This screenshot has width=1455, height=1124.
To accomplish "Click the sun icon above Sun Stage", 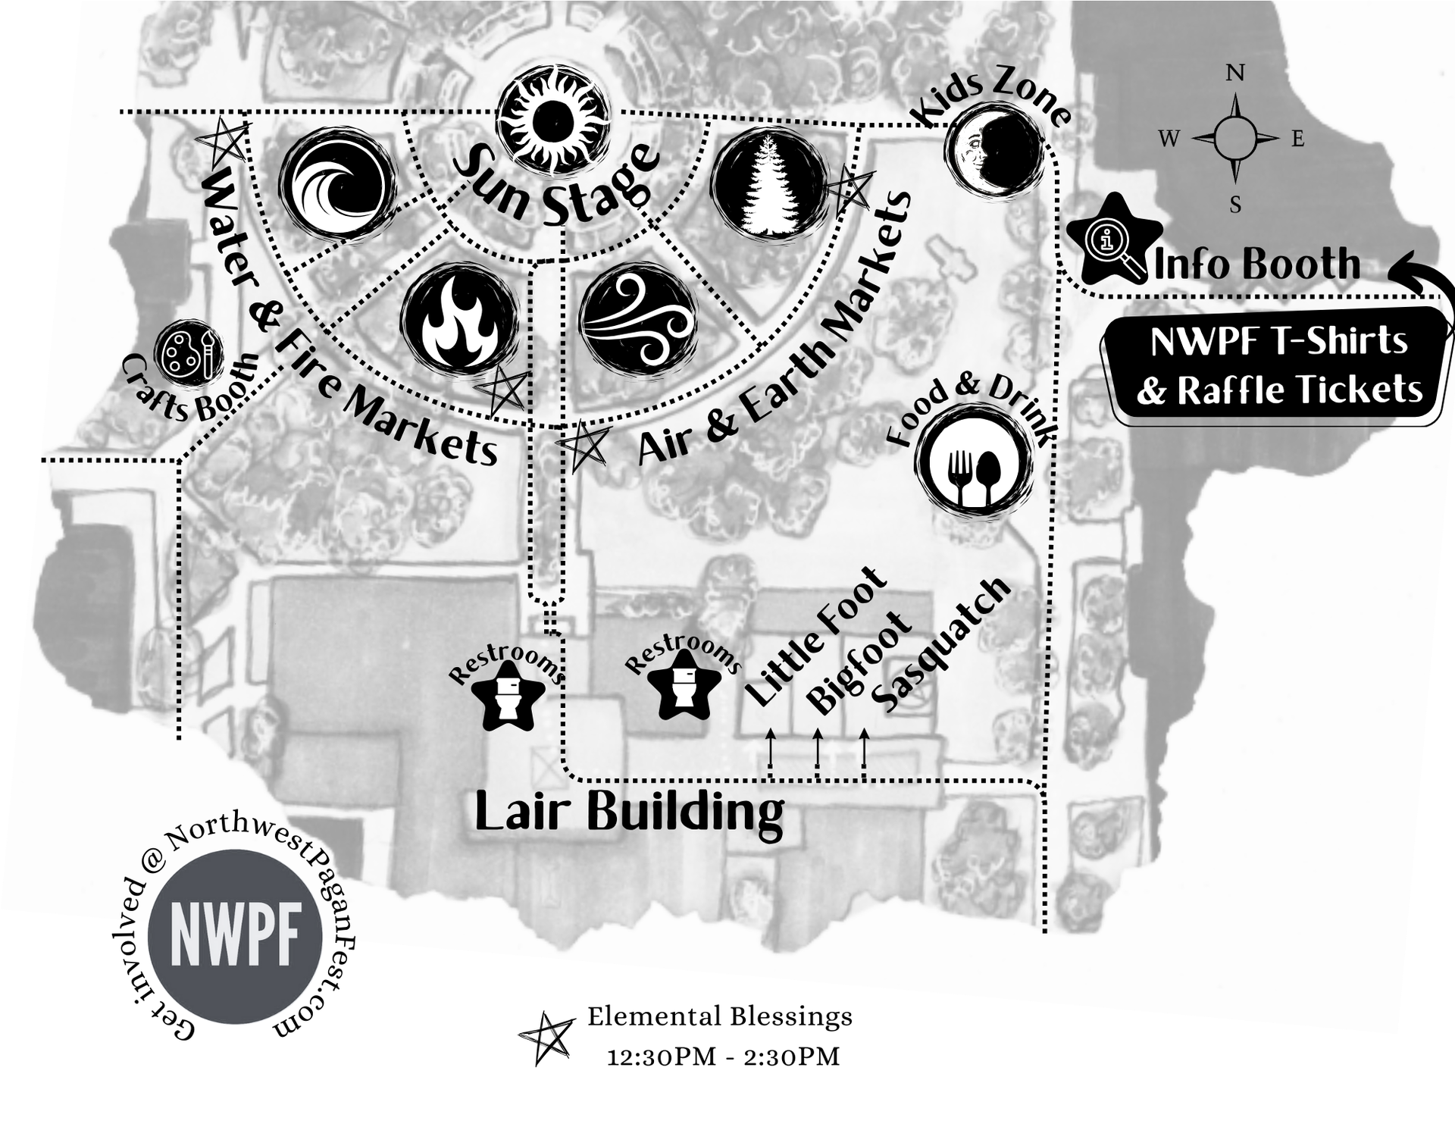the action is click(552, 119).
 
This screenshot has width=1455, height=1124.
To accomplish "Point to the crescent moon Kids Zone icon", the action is click(994, 149).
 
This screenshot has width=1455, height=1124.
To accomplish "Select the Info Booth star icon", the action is click(1114, 241).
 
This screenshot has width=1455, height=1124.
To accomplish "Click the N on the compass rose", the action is click(1235, 74).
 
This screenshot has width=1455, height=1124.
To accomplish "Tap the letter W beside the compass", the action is click(1169, 139).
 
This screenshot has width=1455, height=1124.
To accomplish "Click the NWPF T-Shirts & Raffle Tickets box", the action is click(1278, 365).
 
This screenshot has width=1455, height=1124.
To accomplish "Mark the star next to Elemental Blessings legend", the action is click(546, 1038).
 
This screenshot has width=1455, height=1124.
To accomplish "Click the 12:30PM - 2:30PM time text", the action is click(723, 1057).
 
